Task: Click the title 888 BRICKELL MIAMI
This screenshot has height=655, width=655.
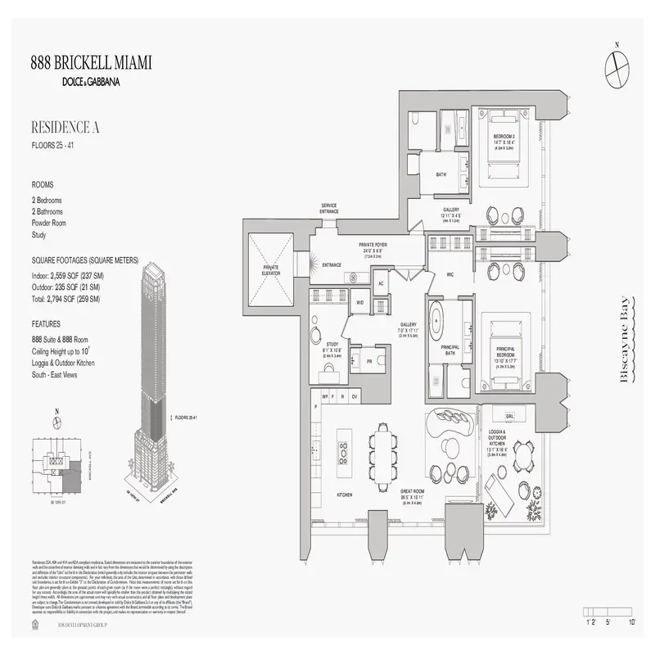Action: pyautogui.click(x=91, y=64)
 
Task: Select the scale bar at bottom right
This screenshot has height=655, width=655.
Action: pyautogui.click(x=610, y=612)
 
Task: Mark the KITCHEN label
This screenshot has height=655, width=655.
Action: pyautogui.click(x=344, y=495)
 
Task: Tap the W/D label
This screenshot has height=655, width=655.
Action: pyautogui.click(x=359, y=303)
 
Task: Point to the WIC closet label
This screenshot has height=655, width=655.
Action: pyautogui.click(x=450, y=275)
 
